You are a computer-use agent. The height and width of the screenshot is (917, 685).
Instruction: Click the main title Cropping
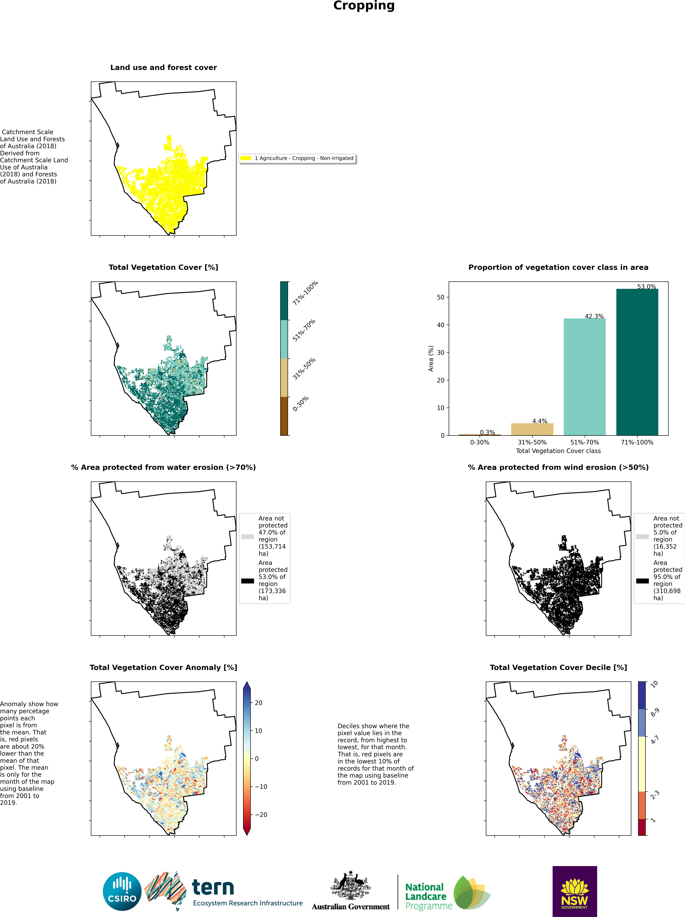tap(364, 6)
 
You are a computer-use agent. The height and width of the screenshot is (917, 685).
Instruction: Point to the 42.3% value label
tap(594, 316)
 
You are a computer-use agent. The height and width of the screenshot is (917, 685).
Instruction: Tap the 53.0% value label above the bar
tap(646, 287)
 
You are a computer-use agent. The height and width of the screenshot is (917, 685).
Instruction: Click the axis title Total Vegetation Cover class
tap(558, 451)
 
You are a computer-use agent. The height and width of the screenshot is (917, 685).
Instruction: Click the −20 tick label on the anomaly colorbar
tap(261, 815)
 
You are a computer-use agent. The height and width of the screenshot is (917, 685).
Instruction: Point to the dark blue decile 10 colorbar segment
tap(642, 695)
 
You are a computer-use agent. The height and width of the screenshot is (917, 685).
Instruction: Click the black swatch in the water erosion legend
tap(247, 581)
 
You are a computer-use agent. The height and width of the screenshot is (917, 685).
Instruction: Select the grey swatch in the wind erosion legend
tap(642, 536)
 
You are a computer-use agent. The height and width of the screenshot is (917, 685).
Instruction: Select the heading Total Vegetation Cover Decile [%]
tap(558, 668)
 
